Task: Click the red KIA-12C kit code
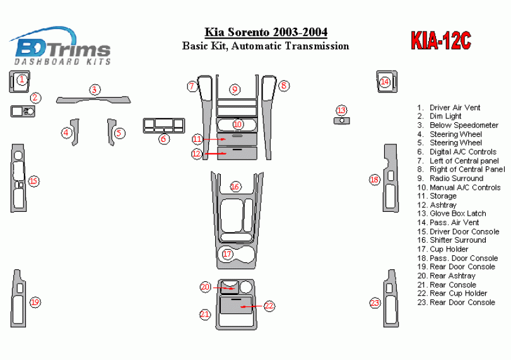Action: (441, 41)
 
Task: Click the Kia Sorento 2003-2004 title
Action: (266, 32)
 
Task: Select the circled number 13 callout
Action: (341, 110)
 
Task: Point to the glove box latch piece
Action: (342, 121)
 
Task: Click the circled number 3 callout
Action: (95, 90)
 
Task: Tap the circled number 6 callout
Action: (163, 139)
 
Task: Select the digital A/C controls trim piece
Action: (164, 125)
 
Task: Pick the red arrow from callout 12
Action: (215, 153)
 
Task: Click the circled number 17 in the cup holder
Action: (227, 254)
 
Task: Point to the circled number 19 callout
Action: (35, 303)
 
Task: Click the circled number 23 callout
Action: (375, 303)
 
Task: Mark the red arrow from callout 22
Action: (252, 306)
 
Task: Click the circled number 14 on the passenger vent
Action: (385, 82)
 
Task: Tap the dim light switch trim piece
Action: (23, 111)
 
